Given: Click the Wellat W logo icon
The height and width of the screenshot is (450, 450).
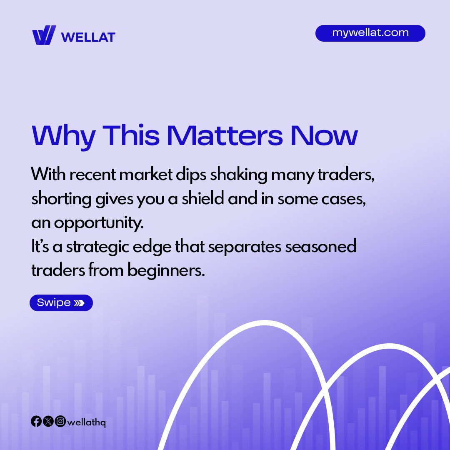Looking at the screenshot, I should point(44,35).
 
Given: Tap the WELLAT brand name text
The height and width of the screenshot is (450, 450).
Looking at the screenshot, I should point(88,37).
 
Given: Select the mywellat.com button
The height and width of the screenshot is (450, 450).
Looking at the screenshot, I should point(370,33).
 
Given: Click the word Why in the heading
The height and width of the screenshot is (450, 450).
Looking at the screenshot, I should point(63,135).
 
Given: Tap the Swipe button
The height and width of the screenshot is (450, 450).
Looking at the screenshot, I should point(61,303).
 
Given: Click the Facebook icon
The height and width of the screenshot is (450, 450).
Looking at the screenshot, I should point(36,422).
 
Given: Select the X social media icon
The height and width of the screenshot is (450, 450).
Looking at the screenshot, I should point(48,422).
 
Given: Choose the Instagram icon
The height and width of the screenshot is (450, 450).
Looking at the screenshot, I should point(60,422).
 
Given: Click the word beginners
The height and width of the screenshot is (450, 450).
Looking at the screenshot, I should point(166,270).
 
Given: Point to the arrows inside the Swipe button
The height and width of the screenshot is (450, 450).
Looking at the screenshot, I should point(79,303).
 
